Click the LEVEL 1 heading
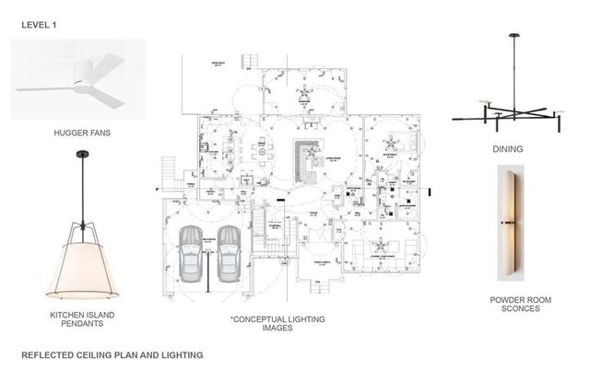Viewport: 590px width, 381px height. pos(38,27)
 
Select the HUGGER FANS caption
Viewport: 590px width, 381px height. pos(82,134)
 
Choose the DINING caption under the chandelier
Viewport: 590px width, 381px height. pos(508,149)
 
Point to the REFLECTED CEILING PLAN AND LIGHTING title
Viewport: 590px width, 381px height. pos(112,354)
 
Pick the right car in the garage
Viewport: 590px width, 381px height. pos(228,254)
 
